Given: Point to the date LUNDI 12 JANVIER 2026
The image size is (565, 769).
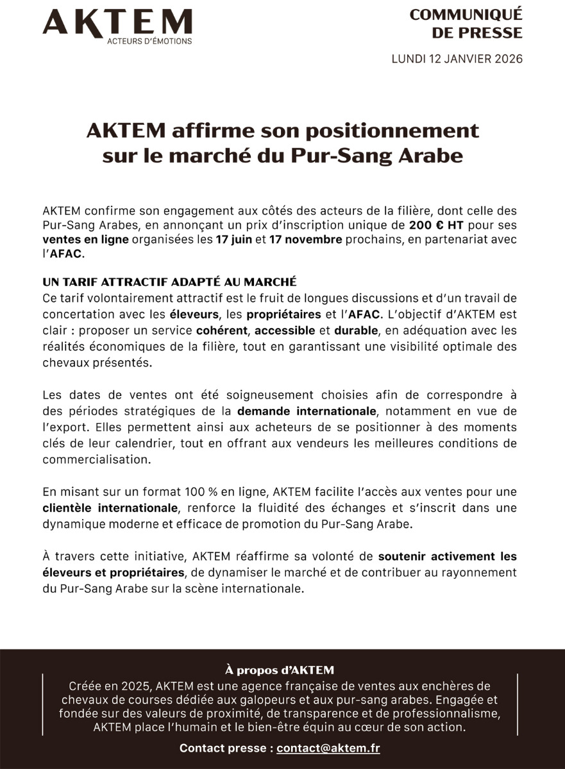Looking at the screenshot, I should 457,59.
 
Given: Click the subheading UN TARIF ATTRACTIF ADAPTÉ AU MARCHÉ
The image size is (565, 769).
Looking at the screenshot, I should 169,281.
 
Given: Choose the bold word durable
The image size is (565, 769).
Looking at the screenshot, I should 355,331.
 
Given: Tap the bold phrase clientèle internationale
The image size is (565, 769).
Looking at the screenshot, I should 110,508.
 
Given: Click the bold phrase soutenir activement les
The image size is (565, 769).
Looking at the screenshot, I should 447,556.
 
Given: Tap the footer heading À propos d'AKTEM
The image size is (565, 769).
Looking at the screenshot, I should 280,670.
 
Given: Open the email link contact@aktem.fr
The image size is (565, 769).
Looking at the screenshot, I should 328,748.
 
